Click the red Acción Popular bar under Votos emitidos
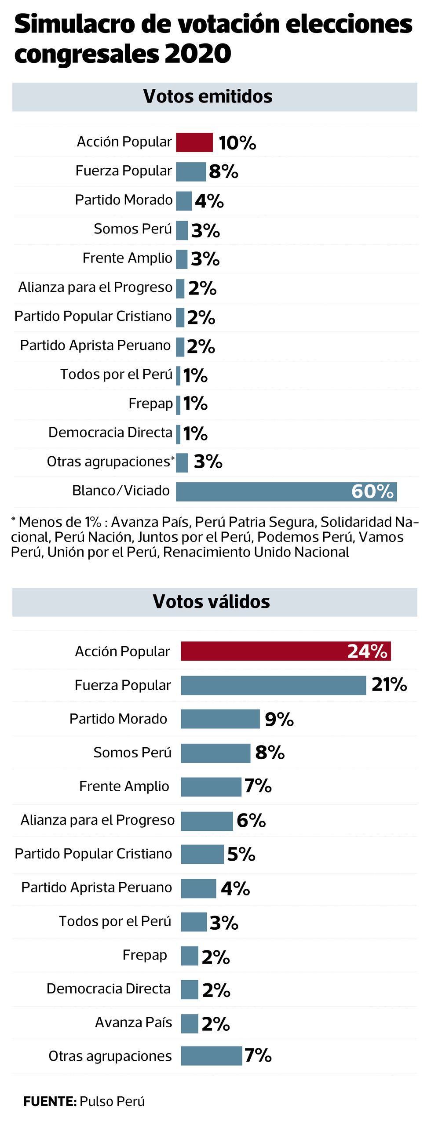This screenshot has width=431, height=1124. (x=194, y=142)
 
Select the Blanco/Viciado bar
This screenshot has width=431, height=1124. (x=264, y=491)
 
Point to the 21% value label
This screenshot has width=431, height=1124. (x=389, y=684)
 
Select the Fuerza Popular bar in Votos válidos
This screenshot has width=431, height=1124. (x=273, y=685)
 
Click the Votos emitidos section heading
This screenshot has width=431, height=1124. (x=208, y=96)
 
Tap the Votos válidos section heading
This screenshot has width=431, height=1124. (x=211, y=601)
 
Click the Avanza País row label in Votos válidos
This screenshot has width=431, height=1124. (x=133, y=1022)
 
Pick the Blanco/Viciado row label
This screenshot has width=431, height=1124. (x=121, y=490)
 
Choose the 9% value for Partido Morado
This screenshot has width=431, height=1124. (x=279, y=719)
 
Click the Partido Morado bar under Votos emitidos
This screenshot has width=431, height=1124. (x=184, y=201)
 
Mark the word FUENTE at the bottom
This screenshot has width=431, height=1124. (x=49, y=1101)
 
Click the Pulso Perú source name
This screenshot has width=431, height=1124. (x=112, y=1101)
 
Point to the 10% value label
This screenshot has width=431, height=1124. (x=237, y=143)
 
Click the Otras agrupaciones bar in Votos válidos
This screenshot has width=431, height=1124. (x=211, y=1056)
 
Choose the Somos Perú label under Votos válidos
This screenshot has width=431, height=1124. (x=132, y=752)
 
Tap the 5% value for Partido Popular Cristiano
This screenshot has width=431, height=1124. (x=241, y=854)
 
